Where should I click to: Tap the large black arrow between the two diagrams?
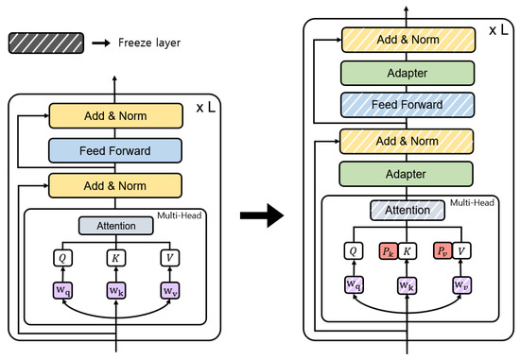tap(256, 214)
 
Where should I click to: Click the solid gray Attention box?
tap(114, 225)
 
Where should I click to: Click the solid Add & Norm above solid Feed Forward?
tap(113, 115)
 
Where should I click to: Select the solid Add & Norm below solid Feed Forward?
tap(113, 183)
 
